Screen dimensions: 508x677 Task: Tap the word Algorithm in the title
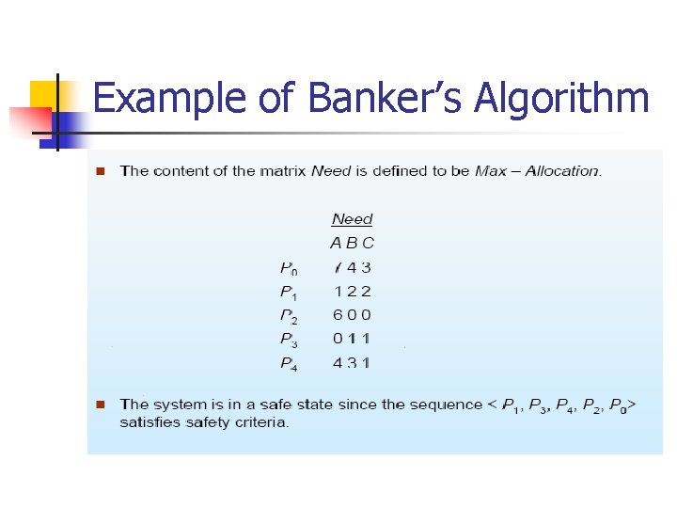[562, 98]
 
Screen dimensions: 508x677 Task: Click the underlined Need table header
[353, 219]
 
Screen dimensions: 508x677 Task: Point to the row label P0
[290, 268]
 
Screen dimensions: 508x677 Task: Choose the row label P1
[289, 293]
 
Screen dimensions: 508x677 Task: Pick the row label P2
[289, 316]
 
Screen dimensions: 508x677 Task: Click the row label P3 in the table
[289, 340]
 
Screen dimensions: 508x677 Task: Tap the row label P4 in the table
[289, 363]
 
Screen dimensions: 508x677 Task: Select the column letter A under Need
[337, 243]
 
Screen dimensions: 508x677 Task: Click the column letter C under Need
[368, 243]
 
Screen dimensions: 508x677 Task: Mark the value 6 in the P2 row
[338, 315]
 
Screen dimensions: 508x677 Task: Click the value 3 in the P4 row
[353, 362]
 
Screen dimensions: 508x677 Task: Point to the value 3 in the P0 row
[367, 267]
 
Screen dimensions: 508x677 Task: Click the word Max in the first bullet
[492, 171]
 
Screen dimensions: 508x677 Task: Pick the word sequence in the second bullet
[450, 405]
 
